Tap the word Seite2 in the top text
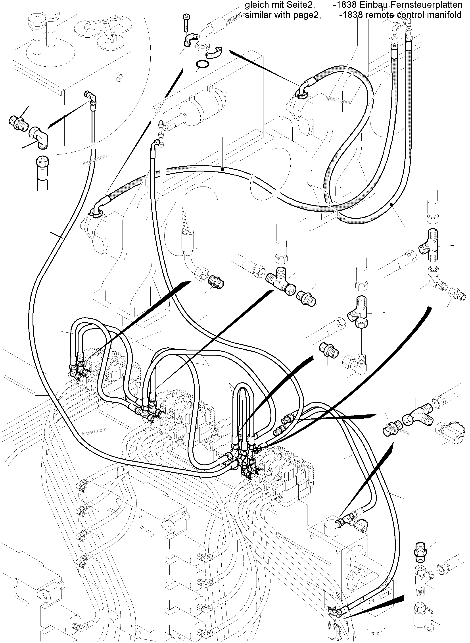pos(302,5)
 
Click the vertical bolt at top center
pos(186,23)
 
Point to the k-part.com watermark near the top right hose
pos(338,100)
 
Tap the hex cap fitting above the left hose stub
pos(43,163)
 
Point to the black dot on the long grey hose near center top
pos(222,169)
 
